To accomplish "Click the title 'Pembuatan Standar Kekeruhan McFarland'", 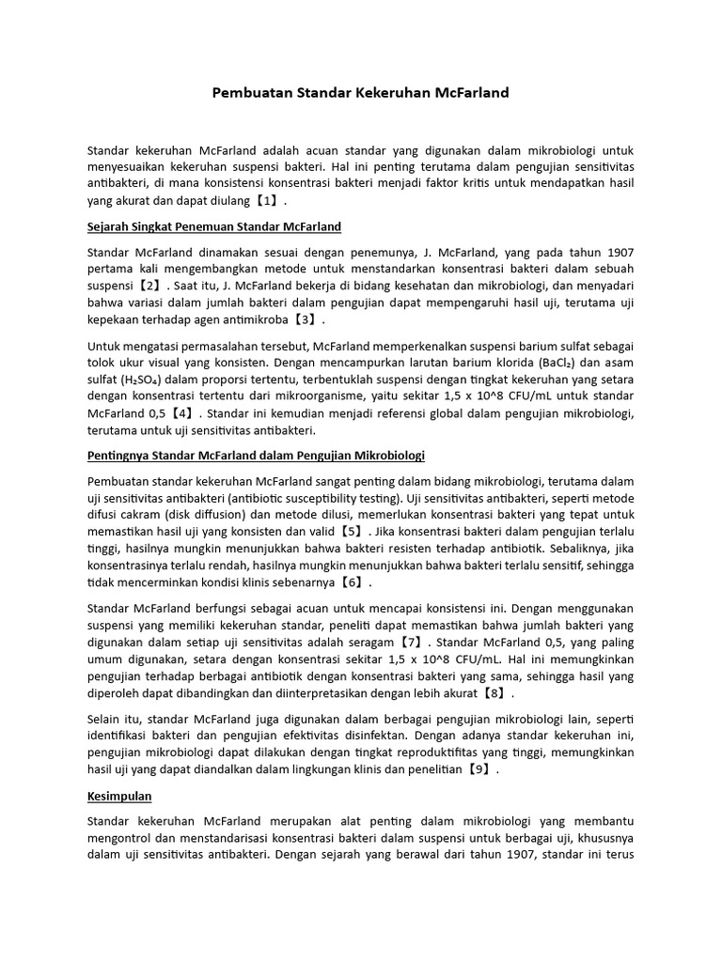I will pyautogui.click(x=360, y=93).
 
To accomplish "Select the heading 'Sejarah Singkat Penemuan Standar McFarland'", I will pyautogui.click(x=213, y=227).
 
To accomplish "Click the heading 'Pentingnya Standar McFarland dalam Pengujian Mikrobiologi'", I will pyautogui.click(x=256, y=456).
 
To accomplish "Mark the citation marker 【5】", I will pyautogui.click(x=352, y=531).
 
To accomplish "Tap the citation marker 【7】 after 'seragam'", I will pyautogui.click(x=410, y=643).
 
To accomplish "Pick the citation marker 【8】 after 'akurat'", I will pyautogui.click(x=500, y=694).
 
